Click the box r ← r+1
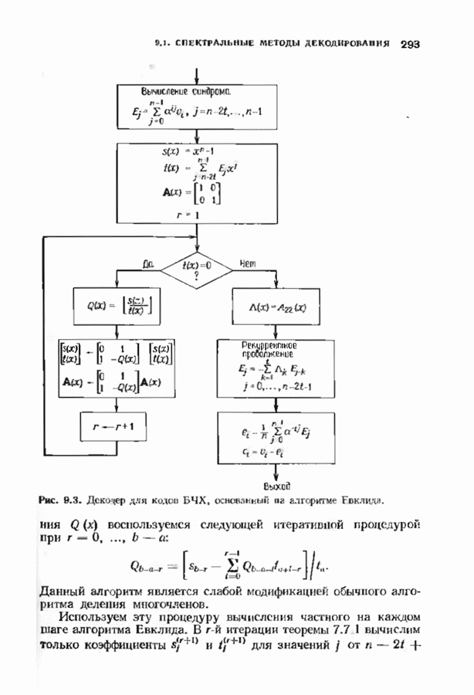(x=114, y=425)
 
